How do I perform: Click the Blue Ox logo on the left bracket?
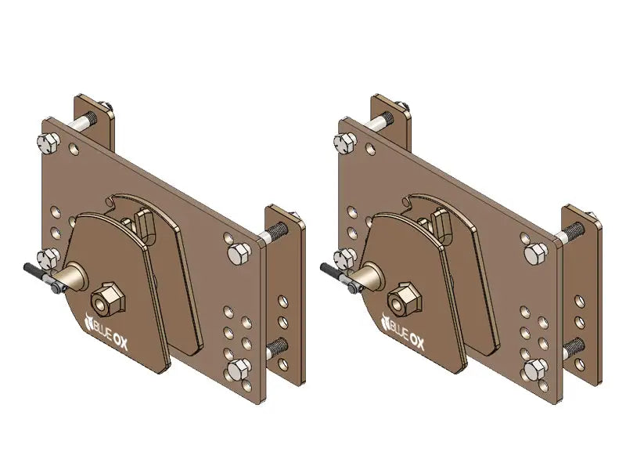click(x=114, y=323)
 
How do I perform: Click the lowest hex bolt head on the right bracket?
click(x=534, y=370)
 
